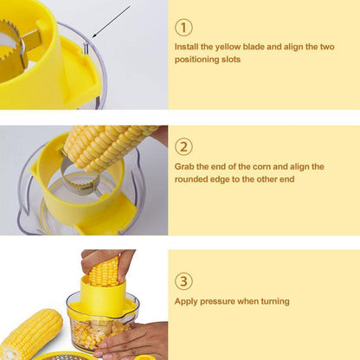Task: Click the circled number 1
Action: point(183,28)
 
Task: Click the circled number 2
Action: point(183,146)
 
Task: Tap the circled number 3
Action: point(183,281)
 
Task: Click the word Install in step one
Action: point(186,47)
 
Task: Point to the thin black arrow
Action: point(111,22)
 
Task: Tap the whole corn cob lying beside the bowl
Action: point(31,334)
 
